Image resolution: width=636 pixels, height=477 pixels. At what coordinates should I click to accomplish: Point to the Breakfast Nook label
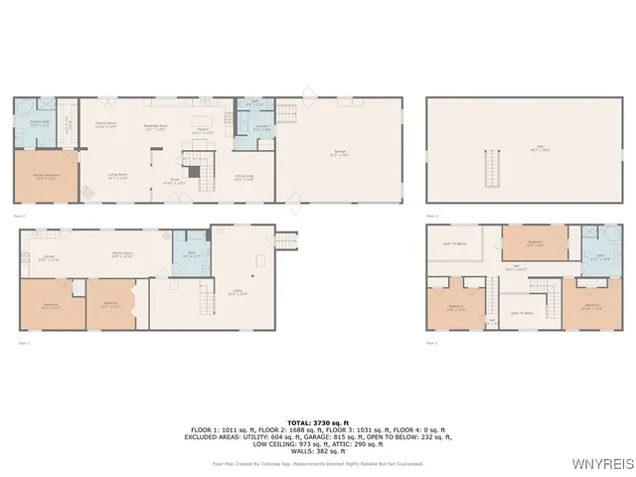155,126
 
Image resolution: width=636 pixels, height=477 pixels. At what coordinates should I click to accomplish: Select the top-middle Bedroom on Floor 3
535,242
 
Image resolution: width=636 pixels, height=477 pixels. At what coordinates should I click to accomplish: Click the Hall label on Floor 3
517,266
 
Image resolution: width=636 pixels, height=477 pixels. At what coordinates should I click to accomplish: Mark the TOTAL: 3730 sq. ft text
318,423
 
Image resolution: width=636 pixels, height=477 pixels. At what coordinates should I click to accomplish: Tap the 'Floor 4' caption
431,215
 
